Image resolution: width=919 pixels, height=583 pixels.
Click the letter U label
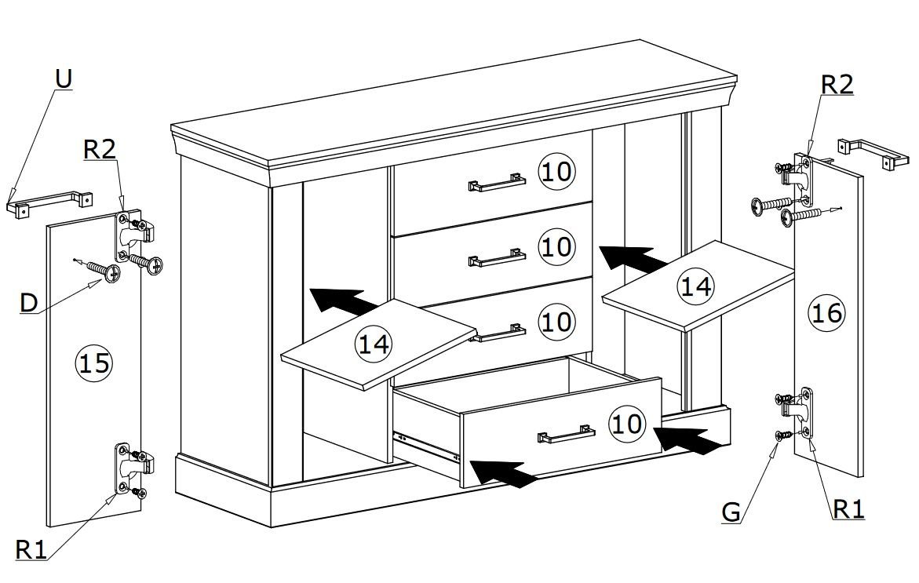[x=64, y=78]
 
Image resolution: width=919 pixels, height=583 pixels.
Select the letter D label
[x=28, y=304]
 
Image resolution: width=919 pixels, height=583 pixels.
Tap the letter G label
[x=731, y=512]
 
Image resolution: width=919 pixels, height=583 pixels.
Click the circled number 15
[x=93, y=363]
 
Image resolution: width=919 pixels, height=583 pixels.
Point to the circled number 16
[x=826, y=314]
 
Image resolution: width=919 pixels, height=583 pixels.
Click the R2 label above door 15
[x=100, y=150]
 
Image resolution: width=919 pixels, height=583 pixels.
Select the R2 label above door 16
[x=837, y=85]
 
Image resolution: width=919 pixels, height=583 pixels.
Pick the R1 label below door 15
[x=31, y=550]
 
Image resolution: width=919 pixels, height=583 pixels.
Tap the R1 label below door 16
[x=848, y=509]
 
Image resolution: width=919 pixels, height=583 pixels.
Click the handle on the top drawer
[x=496, y=183]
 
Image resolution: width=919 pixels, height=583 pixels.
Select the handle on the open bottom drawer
[x=566, y=434]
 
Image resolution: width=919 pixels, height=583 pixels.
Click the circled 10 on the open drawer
[x=626, y=423]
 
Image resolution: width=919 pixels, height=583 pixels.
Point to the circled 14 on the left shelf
[x=374, y=344]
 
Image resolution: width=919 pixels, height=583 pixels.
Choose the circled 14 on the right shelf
[x=695, y=286]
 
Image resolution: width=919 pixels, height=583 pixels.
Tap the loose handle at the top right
[x=873, y=154]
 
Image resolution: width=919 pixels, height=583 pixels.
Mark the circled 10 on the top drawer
[x=556, y=172]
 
